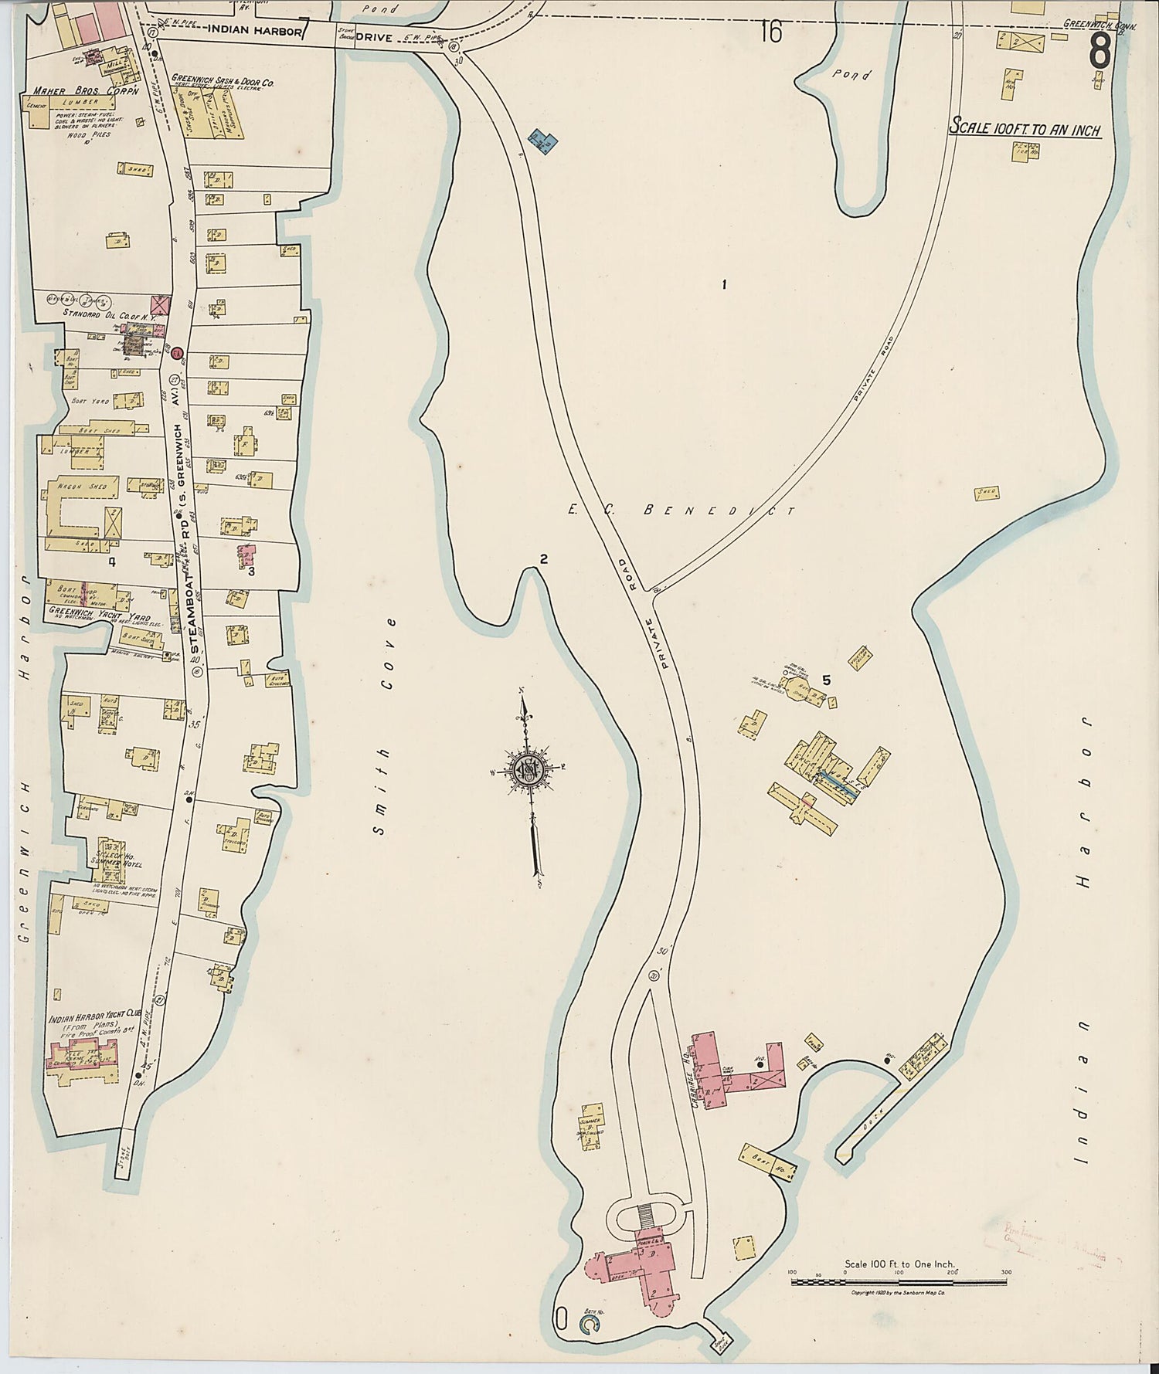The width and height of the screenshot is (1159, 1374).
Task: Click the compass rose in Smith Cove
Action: pos(529,771)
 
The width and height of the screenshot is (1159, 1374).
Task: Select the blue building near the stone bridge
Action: pos(544,141)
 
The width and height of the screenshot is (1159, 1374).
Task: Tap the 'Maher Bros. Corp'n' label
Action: pos(85,91)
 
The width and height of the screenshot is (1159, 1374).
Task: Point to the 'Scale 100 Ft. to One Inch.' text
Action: pos(899,1265)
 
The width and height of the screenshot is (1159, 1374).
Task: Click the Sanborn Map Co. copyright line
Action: pos(899,1292)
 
